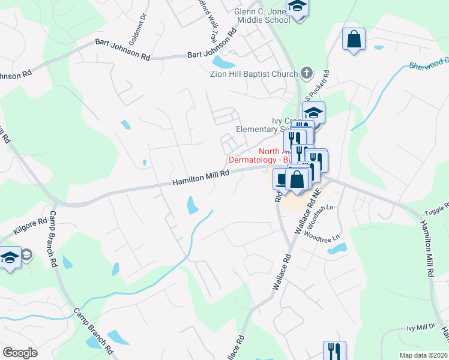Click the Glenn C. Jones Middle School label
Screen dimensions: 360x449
(262, 15)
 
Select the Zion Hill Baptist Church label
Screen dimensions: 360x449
(253, 74)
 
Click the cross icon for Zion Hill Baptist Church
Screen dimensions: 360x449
(307, 74)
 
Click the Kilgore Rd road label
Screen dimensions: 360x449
(30, 226)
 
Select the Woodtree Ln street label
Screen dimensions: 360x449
(322, 236)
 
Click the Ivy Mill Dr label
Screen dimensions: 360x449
(420, 327)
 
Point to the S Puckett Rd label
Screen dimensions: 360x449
(317, 87)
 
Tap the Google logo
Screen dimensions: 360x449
(20, 353)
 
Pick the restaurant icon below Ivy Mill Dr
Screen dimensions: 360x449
(334, 350)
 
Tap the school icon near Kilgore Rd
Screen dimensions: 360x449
(10, 258)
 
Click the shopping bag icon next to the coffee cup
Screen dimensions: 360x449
(297, 179)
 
